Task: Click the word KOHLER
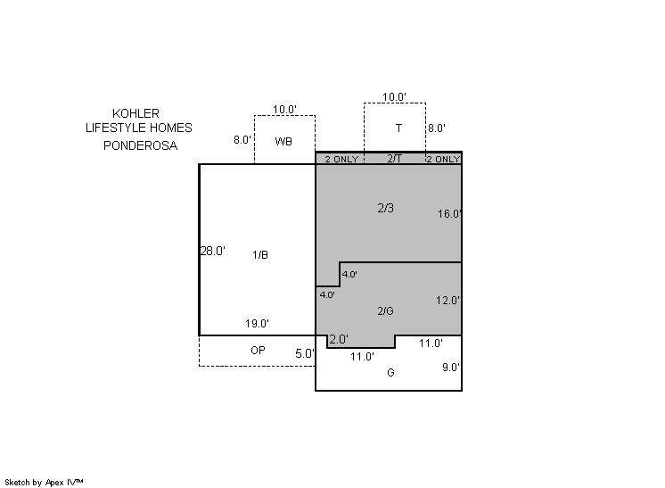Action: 135,113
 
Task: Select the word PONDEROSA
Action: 140,145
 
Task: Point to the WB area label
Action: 283,141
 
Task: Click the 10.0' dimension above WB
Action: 284,110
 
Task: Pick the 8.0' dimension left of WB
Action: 242,139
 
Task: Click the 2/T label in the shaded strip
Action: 394,158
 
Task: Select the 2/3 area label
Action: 385,208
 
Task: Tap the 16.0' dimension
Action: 449,213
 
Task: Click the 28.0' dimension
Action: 212,251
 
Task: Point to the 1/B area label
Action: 260,254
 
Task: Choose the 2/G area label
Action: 385,311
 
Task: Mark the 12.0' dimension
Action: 447,301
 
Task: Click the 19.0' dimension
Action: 257,323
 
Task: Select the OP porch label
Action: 258,350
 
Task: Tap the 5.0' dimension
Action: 306,353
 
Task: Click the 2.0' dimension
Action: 339,339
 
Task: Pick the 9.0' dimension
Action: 451,367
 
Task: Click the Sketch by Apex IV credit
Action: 44,482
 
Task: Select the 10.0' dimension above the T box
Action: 394,96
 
